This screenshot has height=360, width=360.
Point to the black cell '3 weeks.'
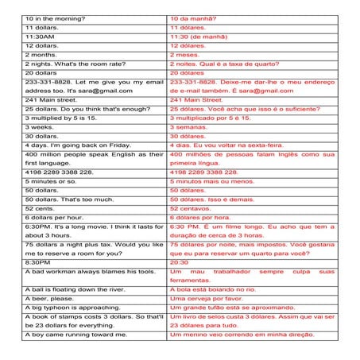tap(39, 126)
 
